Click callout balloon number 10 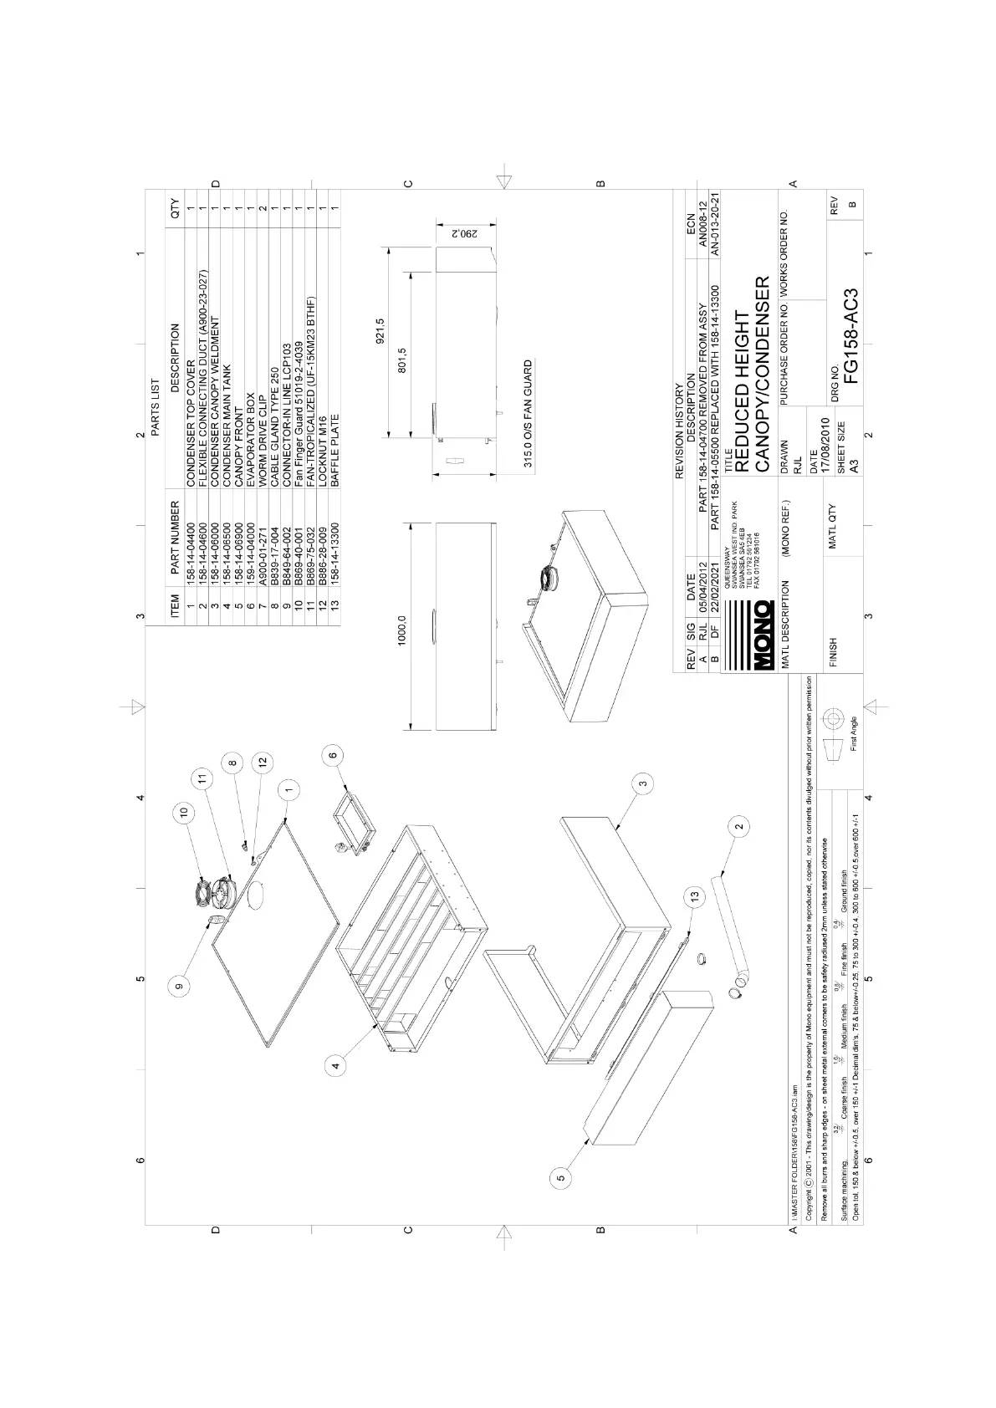click(x=185, y=810)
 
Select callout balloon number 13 click(x=695, y=896)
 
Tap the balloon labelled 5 click(x=562, y=1177)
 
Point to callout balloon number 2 click(x=739, y=827)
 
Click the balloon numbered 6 click(x=333, y=755)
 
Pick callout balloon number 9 click(x=179, y=987)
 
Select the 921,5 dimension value click(x=381, y=332)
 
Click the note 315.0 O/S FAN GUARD click(x=528, y=414)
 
